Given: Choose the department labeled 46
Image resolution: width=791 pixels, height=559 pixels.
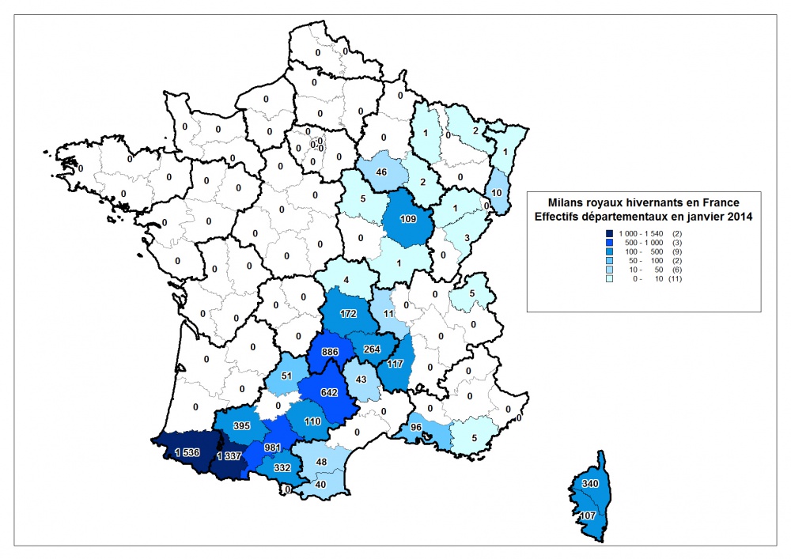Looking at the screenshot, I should tap(382, 172).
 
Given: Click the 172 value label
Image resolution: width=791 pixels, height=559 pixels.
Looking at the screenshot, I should tap(349, 314).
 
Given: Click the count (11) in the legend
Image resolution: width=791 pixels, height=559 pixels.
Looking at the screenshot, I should tap(675, 278).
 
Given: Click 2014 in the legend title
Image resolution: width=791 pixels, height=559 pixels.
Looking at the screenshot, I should tap(736, 217).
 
